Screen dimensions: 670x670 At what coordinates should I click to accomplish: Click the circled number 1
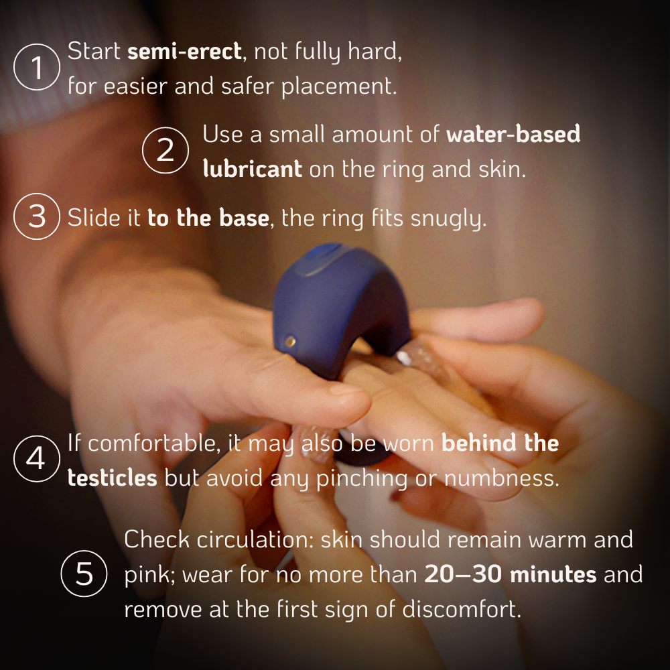(37, 67)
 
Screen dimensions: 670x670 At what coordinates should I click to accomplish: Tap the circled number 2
(165, 150)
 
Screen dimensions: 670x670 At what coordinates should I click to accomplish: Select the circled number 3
(37, 216)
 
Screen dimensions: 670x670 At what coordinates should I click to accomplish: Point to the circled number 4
(37, 458)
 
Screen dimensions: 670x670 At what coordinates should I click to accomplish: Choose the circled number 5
(84, 574)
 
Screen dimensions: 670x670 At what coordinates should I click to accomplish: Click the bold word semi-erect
(185, 52)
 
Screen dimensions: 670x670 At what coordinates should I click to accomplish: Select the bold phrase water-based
(513, 133)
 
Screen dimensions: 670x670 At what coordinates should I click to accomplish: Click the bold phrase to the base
(208, 217)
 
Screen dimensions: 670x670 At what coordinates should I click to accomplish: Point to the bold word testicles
(113, 478)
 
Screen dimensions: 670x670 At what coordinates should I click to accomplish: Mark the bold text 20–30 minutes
(510, 574)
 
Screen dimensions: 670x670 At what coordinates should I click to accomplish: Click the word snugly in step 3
(448, 219)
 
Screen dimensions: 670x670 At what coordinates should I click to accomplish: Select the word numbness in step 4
(502, 478)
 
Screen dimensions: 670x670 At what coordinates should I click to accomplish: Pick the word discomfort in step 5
(462, 608)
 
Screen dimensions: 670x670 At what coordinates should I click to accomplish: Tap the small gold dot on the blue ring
(290, 341)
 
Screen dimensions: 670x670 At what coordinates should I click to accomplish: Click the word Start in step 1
(94, 52)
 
